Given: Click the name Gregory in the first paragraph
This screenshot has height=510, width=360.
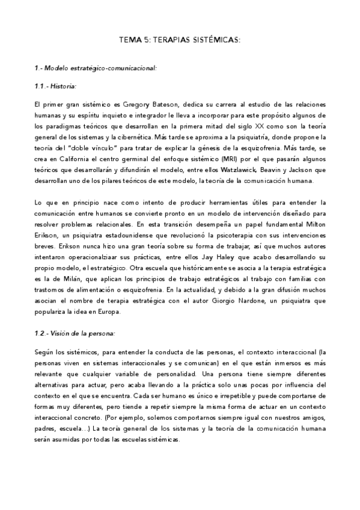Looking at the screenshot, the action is point(128,104).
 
